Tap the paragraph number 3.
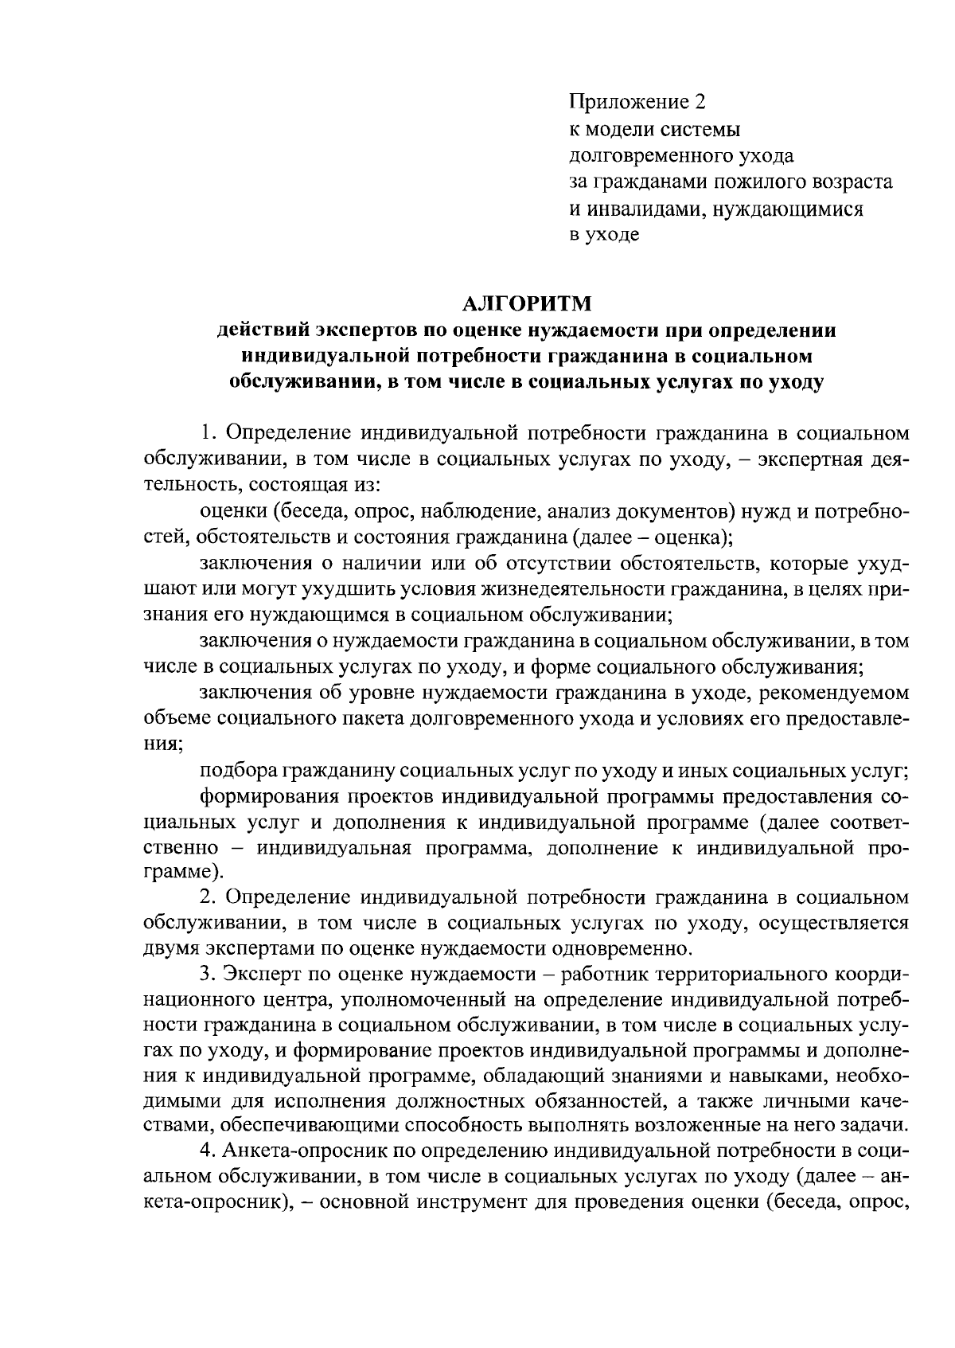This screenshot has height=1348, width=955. (206, 975)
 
